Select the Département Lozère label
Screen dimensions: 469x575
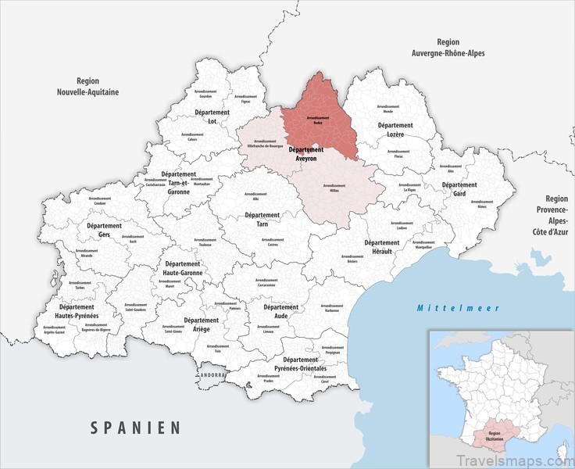point(395,130)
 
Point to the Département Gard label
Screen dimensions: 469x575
point(459,189)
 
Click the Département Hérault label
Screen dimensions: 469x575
point(381,247)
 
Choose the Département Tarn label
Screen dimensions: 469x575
point(262,219)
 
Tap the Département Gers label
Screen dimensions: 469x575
point(104,230)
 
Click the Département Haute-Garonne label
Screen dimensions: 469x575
point(183,269)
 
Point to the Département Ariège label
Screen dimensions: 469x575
point(201,324)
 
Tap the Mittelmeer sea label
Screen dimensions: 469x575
point(458,308)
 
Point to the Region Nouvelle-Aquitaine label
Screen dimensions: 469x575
point(87,86)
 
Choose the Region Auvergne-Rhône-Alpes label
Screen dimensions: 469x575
point(448,48)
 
